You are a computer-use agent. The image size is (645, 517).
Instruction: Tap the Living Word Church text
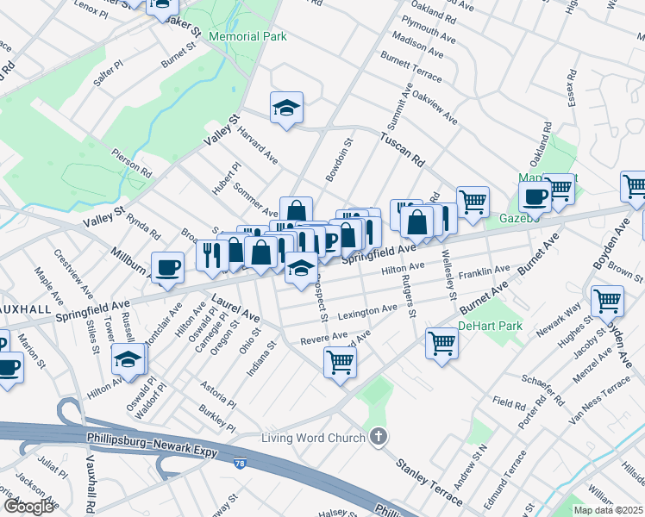point(314,439)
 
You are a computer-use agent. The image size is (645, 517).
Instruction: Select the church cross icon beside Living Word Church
point(377,438)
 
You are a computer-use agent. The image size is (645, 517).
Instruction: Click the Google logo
point(28,507)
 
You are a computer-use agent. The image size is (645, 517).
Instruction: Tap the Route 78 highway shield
point(239,464)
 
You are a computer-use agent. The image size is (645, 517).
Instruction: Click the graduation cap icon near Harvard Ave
point(287,108)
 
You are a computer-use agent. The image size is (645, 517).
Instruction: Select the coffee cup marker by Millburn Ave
point(167,266)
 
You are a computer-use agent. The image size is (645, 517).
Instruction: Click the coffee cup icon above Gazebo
point(535,196)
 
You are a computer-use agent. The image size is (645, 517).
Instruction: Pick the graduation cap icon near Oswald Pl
point(128,358)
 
